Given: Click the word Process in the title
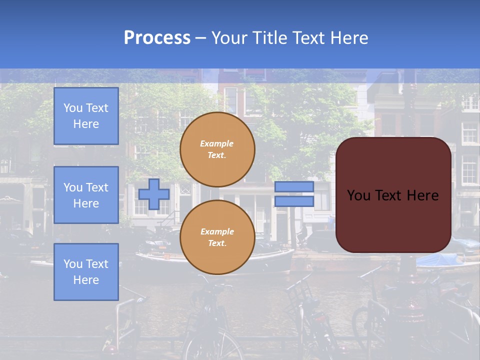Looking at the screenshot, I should [x=157, y=38].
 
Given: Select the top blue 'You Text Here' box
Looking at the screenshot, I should [x=86, y=116].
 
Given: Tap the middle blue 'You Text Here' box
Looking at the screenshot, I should [x=86, y=195].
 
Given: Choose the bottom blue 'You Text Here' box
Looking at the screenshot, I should [x=86, y=272].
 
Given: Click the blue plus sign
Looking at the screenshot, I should [x=153, y=194].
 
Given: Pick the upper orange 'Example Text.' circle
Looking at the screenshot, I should [x=217, y=149].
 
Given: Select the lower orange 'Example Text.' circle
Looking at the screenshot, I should [x=217, y=237].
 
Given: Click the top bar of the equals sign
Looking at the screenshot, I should [x=294, y=187].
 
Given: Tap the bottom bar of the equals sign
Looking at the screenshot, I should [x=294, y=201].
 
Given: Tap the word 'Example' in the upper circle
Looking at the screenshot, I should [x=216, y=143].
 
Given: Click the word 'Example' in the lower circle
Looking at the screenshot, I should [x=217, y=231].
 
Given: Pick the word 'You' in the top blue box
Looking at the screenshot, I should [x=73, y=108].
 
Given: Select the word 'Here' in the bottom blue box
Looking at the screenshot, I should [x=86, y=280].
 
